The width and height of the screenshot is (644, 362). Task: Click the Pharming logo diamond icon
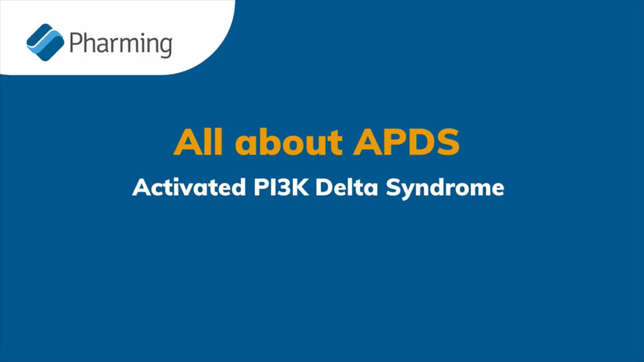point(45,42)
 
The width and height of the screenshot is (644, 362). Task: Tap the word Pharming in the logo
point(121,44)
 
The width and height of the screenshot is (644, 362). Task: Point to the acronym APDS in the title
point(406,142)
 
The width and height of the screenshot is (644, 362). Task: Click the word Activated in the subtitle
point(189,187)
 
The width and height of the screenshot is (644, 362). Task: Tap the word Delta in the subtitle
point(346,187)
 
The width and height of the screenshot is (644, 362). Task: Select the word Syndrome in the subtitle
point(445,188)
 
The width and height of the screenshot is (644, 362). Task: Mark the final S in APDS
point(448,142)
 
